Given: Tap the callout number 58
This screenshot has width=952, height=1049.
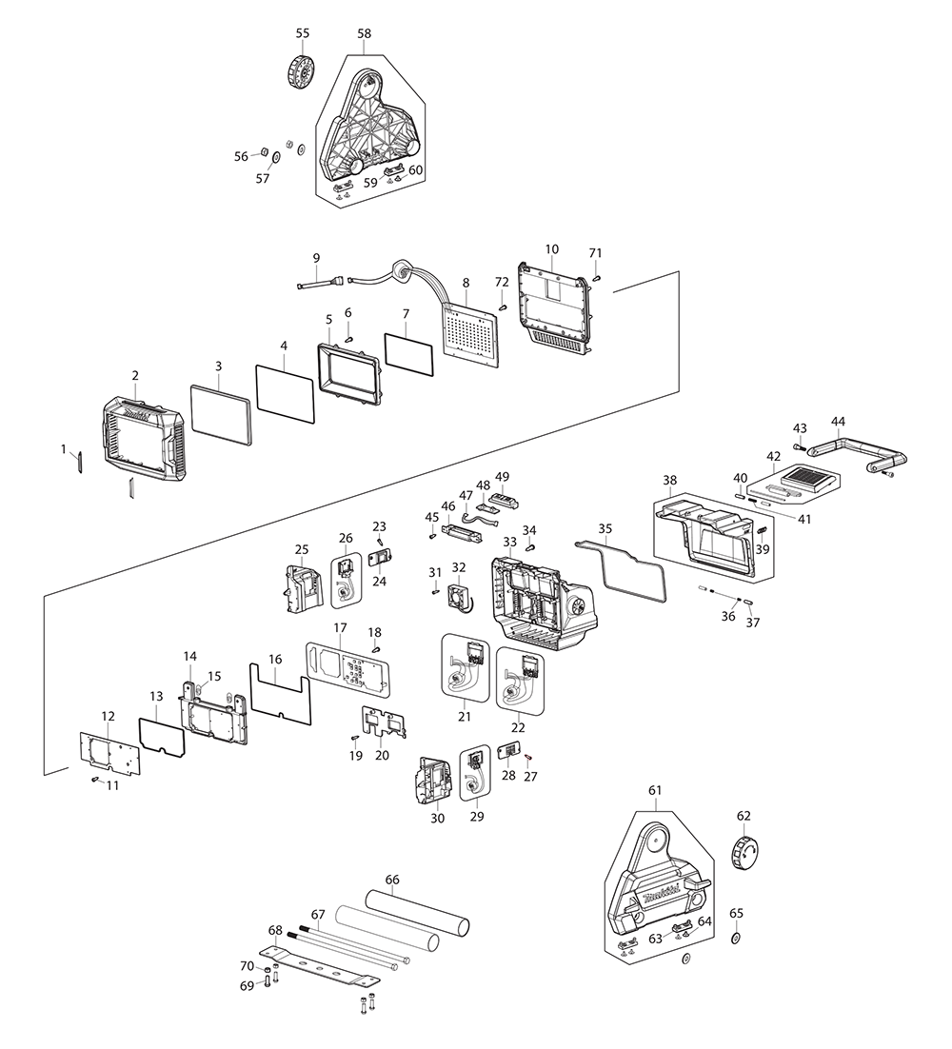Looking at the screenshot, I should [365, 33].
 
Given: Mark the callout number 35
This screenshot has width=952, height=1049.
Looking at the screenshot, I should [605, 528].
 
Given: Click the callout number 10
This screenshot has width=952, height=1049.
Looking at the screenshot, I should [552, 248].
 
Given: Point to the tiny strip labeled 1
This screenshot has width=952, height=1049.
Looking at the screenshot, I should [81, 461].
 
